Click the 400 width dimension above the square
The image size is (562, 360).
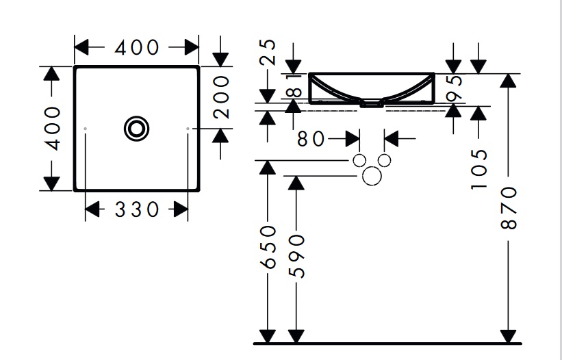136,48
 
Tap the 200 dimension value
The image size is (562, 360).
220,97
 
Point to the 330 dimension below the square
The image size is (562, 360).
136,210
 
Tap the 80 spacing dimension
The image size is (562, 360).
311,138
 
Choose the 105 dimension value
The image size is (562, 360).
478,169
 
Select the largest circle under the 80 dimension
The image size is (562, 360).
372,177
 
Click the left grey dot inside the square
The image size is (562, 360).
85,129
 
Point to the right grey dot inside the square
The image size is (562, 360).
188,129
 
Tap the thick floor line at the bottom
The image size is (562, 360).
387,343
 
